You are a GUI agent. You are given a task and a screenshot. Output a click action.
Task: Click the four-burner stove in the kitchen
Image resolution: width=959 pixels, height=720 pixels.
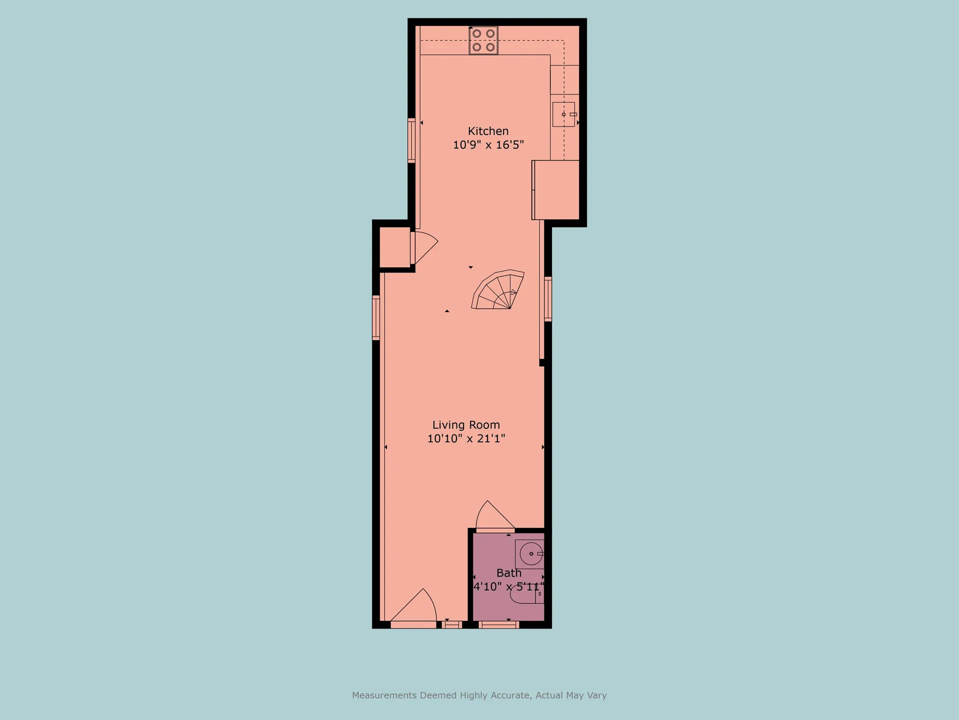pyautogui.click(x=483, y=40)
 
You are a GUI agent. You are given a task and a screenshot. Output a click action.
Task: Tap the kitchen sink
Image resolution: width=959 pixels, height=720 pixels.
pyautogui.click(x=564, y=114)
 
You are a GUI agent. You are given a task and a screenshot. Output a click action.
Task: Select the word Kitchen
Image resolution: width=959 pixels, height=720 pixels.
pyautogui.click(x=488, y=131)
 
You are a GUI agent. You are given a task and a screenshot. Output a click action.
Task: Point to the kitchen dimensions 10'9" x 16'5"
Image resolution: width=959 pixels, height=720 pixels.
pyautogui.click(x=488, y=145)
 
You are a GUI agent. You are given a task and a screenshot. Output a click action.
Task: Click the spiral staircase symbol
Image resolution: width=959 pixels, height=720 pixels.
pyautogui.click(x=498, y=290)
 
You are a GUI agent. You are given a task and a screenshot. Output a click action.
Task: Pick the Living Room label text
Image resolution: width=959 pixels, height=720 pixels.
pyautogui.click(x=466, y=425)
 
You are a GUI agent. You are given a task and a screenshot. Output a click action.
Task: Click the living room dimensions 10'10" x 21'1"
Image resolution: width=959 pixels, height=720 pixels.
pyautogui.click(x=466, y=438)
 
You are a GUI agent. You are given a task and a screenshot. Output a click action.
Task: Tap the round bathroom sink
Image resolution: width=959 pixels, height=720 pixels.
pyautogui.click(x=531, y=554)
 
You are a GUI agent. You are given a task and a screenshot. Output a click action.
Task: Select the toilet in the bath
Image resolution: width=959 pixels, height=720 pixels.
pyautogui.click(x=527, y=594)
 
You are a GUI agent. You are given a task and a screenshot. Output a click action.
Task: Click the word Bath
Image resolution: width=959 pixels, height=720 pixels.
pyautogui.click(x=508, y=573)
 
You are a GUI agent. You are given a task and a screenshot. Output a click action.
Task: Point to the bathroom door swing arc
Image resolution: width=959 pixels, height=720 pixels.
pyautogui.click(x=494, y=515)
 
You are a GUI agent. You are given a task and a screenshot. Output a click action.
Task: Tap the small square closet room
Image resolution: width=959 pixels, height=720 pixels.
pyautogui.click(x=395, y=247)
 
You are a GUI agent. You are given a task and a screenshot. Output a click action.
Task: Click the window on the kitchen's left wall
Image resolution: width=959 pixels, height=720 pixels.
pyautogui.click(x=412, y=140)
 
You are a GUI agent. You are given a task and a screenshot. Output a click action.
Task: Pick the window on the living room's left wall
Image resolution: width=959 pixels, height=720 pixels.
pyautogui.click(x=376, y=318)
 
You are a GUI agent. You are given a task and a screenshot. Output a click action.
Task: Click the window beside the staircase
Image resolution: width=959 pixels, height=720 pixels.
pyautogui.click(x=548, y=299)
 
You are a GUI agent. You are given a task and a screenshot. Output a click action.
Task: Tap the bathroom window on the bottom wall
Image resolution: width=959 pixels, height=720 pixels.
pyautogui.click(x=499, y=624)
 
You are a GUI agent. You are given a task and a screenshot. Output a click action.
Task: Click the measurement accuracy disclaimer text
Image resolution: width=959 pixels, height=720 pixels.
pyautogui.click(x=479, y=695)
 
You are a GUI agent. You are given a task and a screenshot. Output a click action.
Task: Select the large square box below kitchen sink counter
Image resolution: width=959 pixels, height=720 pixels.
pyautogui.click(x=555, y=190)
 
